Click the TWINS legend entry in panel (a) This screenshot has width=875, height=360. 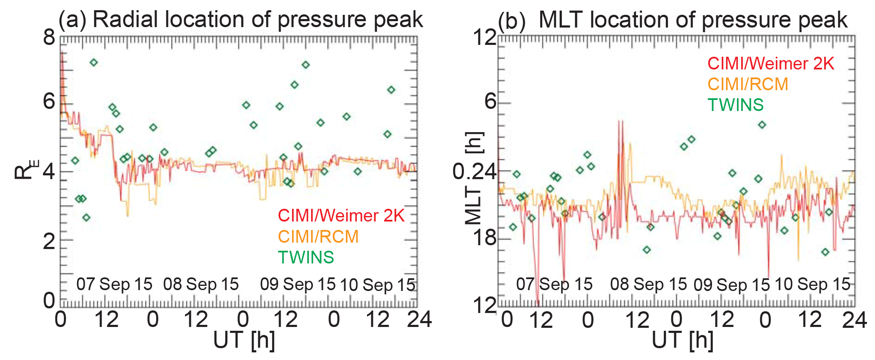tap(306, 258)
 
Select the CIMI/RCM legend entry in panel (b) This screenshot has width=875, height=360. tap(748, 84)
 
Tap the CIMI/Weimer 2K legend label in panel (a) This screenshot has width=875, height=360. tap(341, 216)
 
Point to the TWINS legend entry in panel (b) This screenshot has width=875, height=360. tap(736, 105)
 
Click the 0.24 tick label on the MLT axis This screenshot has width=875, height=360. tap(474, 172)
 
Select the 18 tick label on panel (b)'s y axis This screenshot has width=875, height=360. tap(485, 238)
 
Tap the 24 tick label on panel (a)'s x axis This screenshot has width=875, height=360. tap(419, 319)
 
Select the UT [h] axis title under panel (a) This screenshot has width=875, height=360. tap(244, 340)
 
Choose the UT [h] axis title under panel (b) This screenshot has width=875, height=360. tap(682, 340)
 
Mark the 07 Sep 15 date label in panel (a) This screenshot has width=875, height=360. tap(114, 284)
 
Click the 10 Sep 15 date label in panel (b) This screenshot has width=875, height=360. tap(812, 284)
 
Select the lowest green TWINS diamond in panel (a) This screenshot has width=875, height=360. tap(86, 218)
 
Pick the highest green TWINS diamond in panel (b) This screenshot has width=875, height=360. tap(762, 125)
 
